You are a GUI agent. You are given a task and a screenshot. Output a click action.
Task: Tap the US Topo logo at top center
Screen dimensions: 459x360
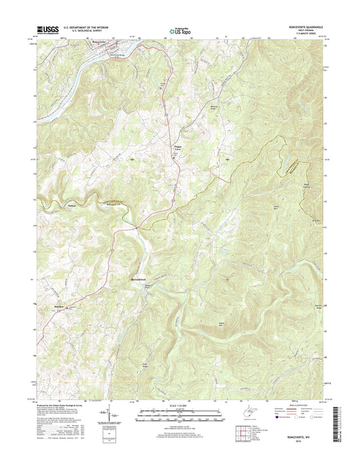tap(179, 30)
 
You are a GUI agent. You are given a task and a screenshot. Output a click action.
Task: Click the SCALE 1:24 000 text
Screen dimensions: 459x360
tap(180, 406)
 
